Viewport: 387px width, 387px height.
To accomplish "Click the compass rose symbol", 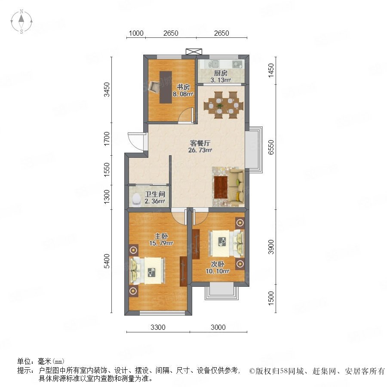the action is click(x=21, y=21).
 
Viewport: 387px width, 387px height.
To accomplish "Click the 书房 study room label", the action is click(x=183, y=87).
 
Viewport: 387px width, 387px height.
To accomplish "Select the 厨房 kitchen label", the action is click(x=221, y=73).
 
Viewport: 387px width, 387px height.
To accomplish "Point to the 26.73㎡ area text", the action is click(x=200, y=150).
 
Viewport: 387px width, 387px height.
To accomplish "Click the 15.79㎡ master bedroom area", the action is click(x=161, y=243).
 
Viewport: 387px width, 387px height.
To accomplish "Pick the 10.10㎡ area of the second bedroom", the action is click(x=218, y=271).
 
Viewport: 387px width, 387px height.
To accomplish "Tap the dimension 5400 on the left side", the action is click(x=107, y=261).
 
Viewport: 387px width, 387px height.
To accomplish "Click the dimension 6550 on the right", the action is click(x=271, y=147).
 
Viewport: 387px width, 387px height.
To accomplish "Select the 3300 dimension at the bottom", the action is click(x=158, y=327).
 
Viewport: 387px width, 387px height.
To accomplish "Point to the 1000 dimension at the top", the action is click(x=136, y=33).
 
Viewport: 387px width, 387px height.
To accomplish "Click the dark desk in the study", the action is click(x=166, y=87).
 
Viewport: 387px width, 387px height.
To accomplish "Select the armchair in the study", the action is click(x=154, y=87).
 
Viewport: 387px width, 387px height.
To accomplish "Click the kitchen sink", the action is click(x=214, y=64).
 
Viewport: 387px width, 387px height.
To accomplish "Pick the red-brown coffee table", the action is click(x=221, y=187).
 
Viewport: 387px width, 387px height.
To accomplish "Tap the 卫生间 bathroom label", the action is click(x=155, y=194).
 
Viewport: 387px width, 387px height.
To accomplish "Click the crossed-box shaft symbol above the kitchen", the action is click(x=194, y=52).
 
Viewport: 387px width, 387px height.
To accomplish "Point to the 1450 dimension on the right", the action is click(x=271, y=71).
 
